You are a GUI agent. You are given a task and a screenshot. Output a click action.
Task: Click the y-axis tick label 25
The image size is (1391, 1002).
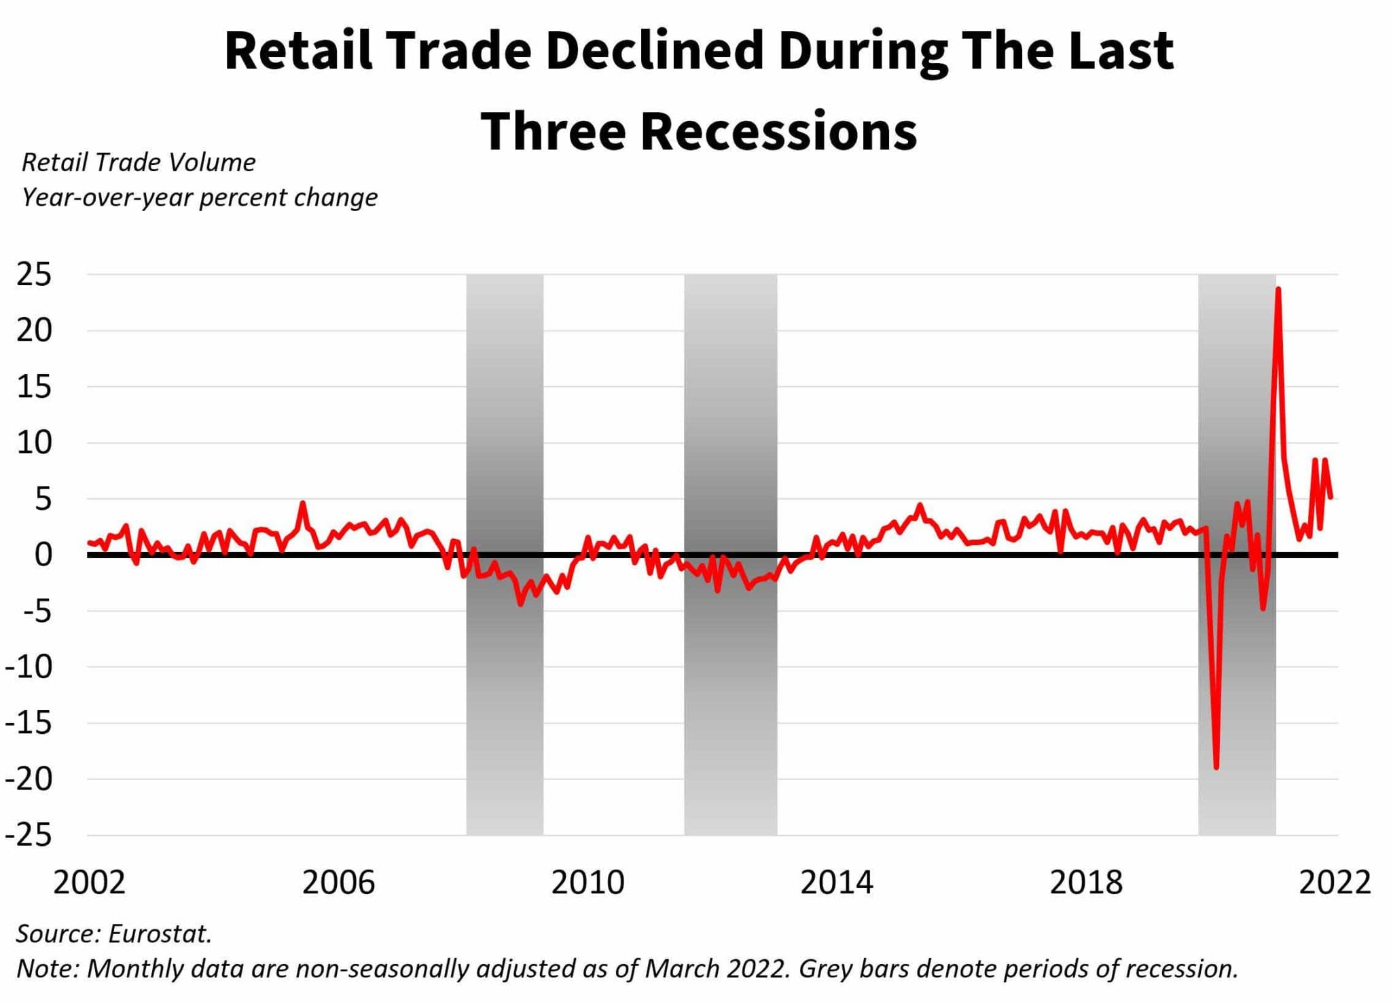(x=33, y=275)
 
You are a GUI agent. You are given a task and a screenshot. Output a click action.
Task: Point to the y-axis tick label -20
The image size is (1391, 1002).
(x=29, y=779)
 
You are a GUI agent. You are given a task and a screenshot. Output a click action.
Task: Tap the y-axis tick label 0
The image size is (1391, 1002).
(x=43, y=555)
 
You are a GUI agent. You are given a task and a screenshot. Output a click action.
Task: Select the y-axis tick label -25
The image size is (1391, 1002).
(x=29, y=835)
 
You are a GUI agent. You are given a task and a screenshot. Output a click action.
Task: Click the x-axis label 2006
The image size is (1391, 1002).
(x=338, y=883)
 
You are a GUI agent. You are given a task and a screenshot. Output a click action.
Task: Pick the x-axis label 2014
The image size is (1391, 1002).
(x=836, y=883)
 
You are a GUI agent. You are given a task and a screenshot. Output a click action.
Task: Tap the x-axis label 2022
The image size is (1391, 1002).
(x=1335, y=883)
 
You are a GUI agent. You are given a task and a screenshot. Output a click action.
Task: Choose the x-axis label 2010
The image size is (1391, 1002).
(x=588, y=883)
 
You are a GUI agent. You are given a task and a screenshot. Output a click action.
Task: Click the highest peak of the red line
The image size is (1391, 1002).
(x=1278, y=289)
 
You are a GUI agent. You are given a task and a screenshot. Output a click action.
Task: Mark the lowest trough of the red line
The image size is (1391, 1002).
(x=1216, y=767)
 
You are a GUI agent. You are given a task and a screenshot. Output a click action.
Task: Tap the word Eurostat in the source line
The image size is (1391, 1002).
(x=160, y=934)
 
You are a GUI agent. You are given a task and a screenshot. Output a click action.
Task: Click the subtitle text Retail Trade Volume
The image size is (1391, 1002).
(x=139, y=162)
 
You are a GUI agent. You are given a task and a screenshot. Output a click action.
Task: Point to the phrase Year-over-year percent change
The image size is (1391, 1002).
(x=199, y=198)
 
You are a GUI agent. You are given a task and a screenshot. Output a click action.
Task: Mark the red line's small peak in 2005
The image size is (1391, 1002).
(x=303, y=504)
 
